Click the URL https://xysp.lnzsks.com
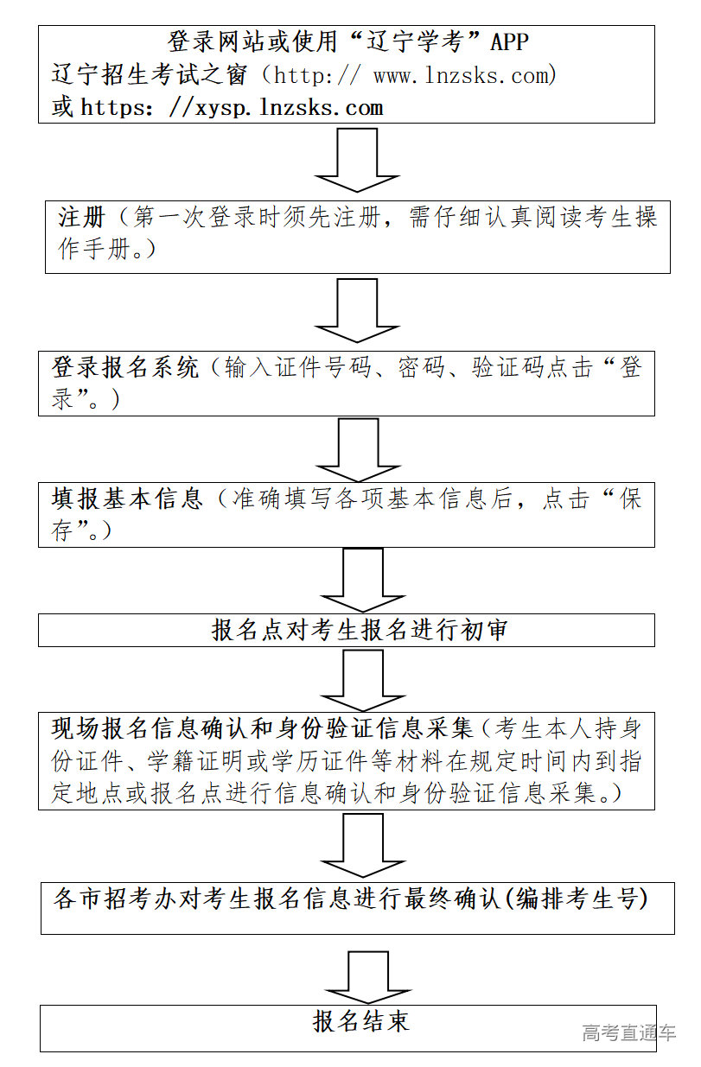tap(232, 108)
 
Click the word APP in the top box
tap(509, 41)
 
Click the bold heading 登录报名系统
tap(126, 368)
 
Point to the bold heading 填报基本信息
tap(126, 499)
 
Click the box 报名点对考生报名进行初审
tap(347, 630)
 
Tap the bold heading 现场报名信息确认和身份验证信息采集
tap(263, 728)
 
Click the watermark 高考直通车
tap(628, 1032)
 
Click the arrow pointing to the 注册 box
tap(357, 160)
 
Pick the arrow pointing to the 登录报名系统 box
tap(357, 311)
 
